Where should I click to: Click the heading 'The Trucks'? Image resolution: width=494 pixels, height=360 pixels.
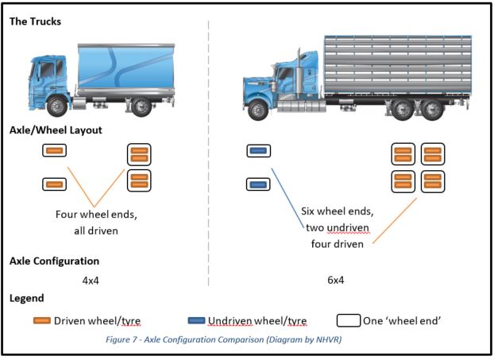click(x=35, y=21)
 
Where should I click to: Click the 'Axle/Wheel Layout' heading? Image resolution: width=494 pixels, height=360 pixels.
click(x=55, y=130)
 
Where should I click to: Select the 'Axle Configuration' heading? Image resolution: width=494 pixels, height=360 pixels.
click(x=54, y=261)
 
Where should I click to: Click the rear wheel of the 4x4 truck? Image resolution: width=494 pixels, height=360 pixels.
click(x=142, y=106)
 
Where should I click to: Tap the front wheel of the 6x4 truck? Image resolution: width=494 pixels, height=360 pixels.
click(x=258, y=110)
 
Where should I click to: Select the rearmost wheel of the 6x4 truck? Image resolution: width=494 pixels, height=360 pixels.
click(x=431, y=110)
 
